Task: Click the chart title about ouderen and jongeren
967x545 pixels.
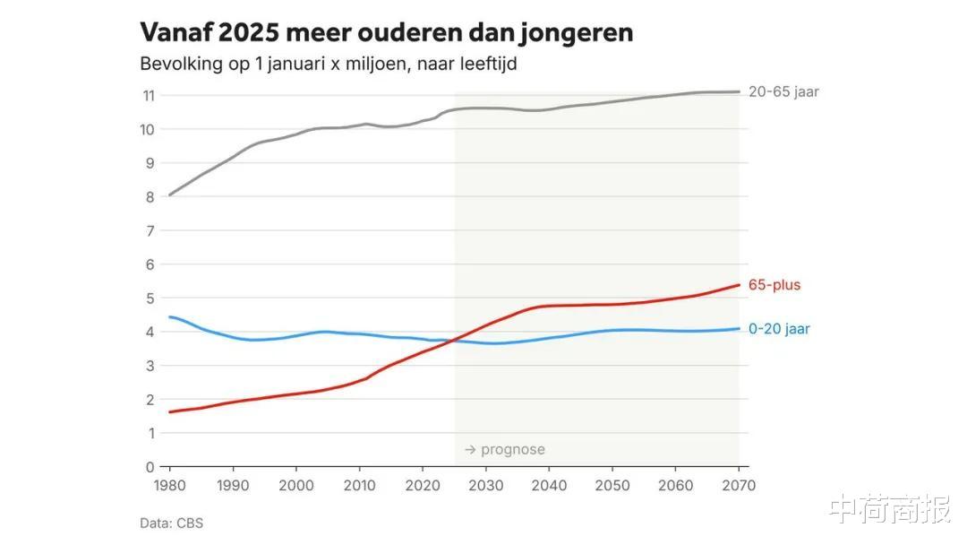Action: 386,33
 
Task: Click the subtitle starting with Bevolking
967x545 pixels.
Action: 329,65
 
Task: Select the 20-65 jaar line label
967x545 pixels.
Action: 783,91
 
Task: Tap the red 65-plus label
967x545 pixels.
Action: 774,285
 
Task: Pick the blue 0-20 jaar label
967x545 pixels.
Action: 779,329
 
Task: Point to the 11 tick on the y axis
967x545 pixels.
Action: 149,96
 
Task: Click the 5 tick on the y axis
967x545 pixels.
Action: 150,298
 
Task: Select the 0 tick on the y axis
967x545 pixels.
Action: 150,467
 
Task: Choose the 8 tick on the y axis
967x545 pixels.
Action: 150,197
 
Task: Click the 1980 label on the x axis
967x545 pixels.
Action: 169,485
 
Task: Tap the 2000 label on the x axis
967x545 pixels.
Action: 295,485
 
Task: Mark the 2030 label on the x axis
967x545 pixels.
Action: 485,485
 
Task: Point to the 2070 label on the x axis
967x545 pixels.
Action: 738,485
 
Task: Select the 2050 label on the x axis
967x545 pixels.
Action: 612,485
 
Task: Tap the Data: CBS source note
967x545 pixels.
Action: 171,523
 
